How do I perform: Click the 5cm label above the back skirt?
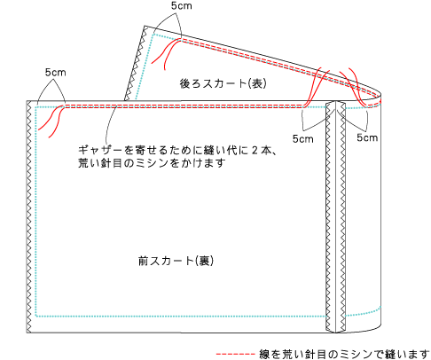(x=181, y=5)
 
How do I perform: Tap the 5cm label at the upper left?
(x=55, y=73)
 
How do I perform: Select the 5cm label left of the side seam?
(x=302, y=138)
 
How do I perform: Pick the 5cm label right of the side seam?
(x=367, y=137)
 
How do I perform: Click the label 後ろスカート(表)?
(x=223, y=83)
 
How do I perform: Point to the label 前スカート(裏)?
(x=176, y=261)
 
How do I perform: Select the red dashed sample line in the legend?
(x=235, y=354)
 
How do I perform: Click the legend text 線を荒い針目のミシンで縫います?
(x=344, y=354)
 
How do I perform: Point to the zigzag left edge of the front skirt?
(x=29, y=216)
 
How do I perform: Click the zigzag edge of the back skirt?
(x=137, y=63)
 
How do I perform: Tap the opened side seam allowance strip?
(x=335, y=216)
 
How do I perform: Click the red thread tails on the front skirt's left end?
(x=51, y=121)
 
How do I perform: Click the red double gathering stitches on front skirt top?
(x=184, y=106)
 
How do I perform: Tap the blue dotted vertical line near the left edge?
(x=35, y=211)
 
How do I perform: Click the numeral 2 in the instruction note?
(x=255, y=150)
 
